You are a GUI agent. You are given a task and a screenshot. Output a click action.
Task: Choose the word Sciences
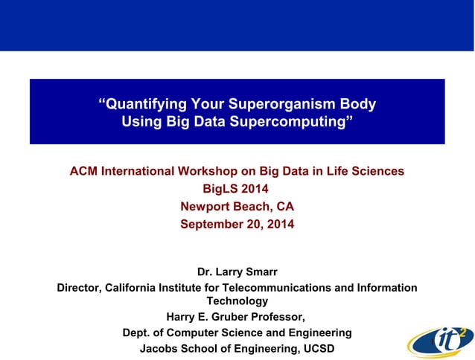(376, 171)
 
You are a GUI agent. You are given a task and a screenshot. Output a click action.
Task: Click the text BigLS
(220, 189)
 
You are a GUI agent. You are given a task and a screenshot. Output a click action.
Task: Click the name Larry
(233, 272)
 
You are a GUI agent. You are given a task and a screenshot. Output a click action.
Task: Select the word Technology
(237, 300)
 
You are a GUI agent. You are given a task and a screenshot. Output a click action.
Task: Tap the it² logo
(440, 339)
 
